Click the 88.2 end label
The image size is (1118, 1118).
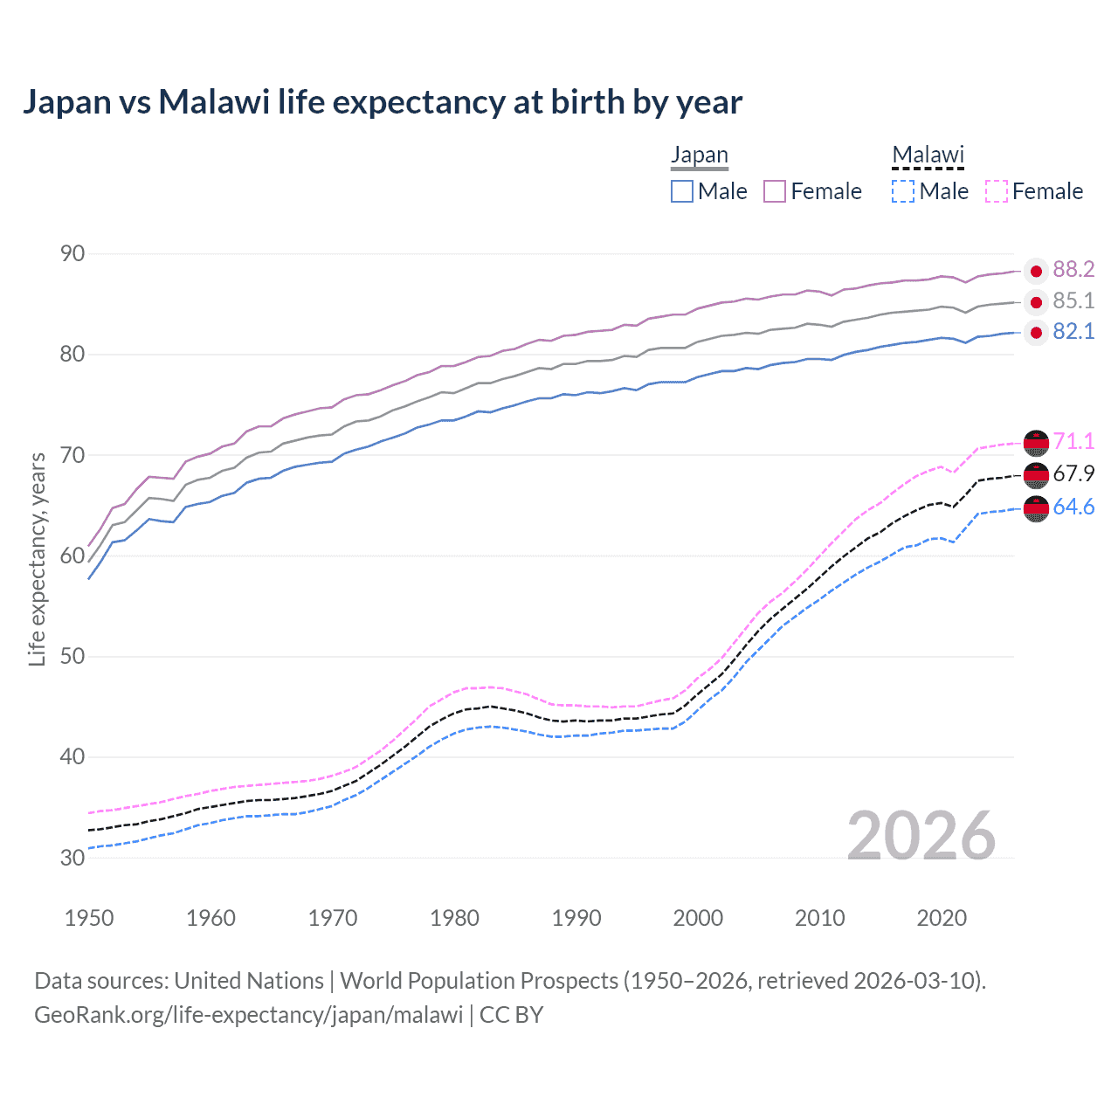click(1073, 270)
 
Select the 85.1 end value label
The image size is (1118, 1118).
click(1073, 301)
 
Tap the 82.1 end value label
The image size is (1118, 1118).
click(1073, 332)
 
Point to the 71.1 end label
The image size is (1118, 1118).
click(1073, 442)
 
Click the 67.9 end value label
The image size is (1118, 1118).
click(1073, 474)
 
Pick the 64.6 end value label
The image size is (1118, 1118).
click(1073, 507)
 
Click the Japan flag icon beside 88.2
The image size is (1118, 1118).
click(1036, 272)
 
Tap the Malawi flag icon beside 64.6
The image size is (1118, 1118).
click(1036, 508)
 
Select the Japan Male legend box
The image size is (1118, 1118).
click(682, 191)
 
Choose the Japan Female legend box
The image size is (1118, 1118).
click(775, 191)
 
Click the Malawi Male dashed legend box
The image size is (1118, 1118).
click(903, 191)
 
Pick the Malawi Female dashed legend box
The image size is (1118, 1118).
click(997, 191)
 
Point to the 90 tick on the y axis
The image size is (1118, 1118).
click(72, 254)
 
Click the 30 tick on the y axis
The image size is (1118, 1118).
click(72, 858)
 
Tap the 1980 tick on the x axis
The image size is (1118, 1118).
click(454, 918)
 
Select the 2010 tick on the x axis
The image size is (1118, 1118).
click(819, 918)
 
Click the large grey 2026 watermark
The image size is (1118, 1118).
click(921, 836)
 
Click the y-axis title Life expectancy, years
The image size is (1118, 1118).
click(38, 559)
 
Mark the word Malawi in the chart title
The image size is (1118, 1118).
click(214, 102)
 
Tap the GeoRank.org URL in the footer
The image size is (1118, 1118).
click(249, 1015)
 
